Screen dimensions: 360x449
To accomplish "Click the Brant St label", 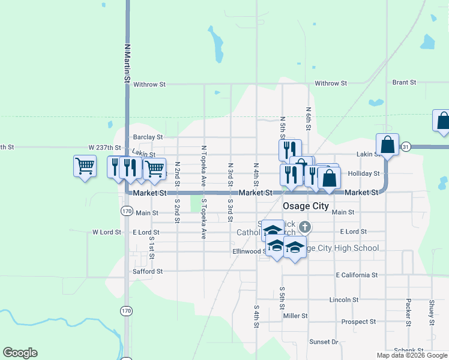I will (x=404, y=82).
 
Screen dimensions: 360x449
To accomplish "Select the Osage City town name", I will (x=306, y=206).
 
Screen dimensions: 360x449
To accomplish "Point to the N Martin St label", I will (x=127, y=62).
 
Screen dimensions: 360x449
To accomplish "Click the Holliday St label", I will (x=364, y=173).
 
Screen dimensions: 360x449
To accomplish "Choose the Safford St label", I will (x=148, y=271).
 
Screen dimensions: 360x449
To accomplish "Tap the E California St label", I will (x=357, y=275).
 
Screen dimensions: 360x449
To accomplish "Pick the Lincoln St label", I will (x=344, y=299).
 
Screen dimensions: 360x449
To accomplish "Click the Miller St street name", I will (x=295, y=316).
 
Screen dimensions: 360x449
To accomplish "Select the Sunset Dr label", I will (x=324, y=341).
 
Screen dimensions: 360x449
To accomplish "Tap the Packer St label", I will (x=408, y=309).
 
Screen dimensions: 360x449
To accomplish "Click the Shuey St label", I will (x=432, y=310).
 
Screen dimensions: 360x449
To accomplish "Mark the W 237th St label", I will (x=104, y=147).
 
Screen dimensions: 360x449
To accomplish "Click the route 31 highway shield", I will (x=406, y=147).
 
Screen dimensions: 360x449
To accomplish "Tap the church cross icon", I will (x=305, y=227).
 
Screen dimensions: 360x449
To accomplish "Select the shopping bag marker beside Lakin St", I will (x=388, y=145).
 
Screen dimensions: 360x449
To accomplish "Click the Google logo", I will (x=20, y=353).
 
